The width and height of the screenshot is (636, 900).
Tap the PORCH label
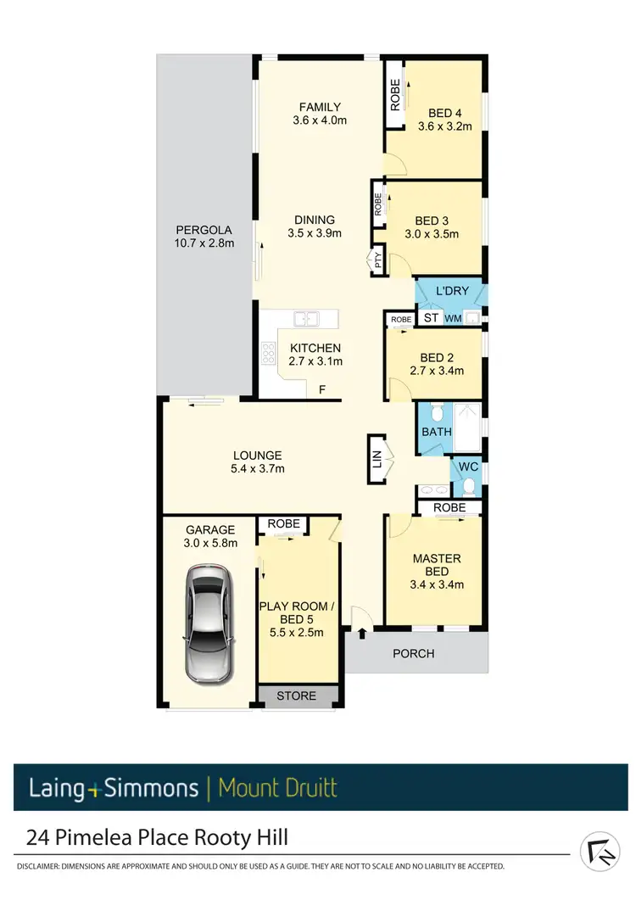[x=415, y=653]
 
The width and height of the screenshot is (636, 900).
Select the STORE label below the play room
[x=297, y=696]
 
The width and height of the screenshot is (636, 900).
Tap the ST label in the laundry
[x=431, y=318]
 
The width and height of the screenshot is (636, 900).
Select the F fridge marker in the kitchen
[x=321, y=390]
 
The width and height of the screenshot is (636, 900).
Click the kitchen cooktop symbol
[x=270, y=352]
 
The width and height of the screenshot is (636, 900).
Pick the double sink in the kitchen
[x=305, y=319]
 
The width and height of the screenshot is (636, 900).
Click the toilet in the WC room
[x=468, y=487]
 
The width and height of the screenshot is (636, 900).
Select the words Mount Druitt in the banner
[x=277, y=788]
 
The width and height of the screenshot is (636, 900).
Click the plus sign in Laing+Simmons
[x=94, y=789]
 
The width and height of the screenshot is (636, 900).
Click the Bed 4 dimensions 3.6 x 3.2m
[x=444, y=126]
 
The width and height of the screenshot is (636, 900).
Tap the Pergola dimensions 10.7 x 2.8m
[x=204, y=243]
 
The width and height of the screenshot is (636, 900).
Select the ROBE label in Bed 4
[x=394, y=95]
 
